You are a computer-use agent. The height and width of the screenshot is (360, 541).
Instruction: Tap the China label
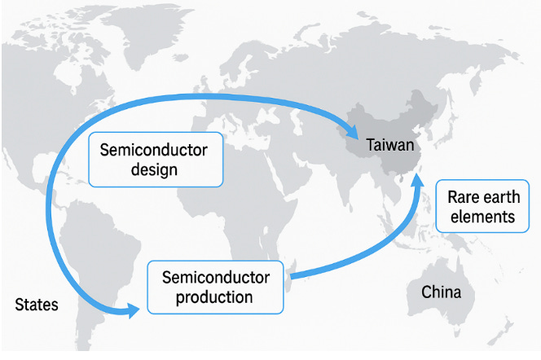click(x=441, y=292)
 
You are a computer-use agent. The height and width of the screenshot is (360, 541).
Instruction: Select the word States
click(x=37, y=305)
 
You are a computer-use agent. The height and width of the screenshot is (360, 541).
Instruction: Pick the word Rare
click(x=464, y=198)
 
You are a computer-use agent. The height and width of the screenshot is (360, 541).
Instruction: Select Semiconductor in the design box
click(x=154, y=150)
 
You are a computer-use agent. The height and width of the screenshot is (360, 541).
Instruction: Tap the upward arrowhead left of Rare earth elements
click(x=418, y=181)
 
